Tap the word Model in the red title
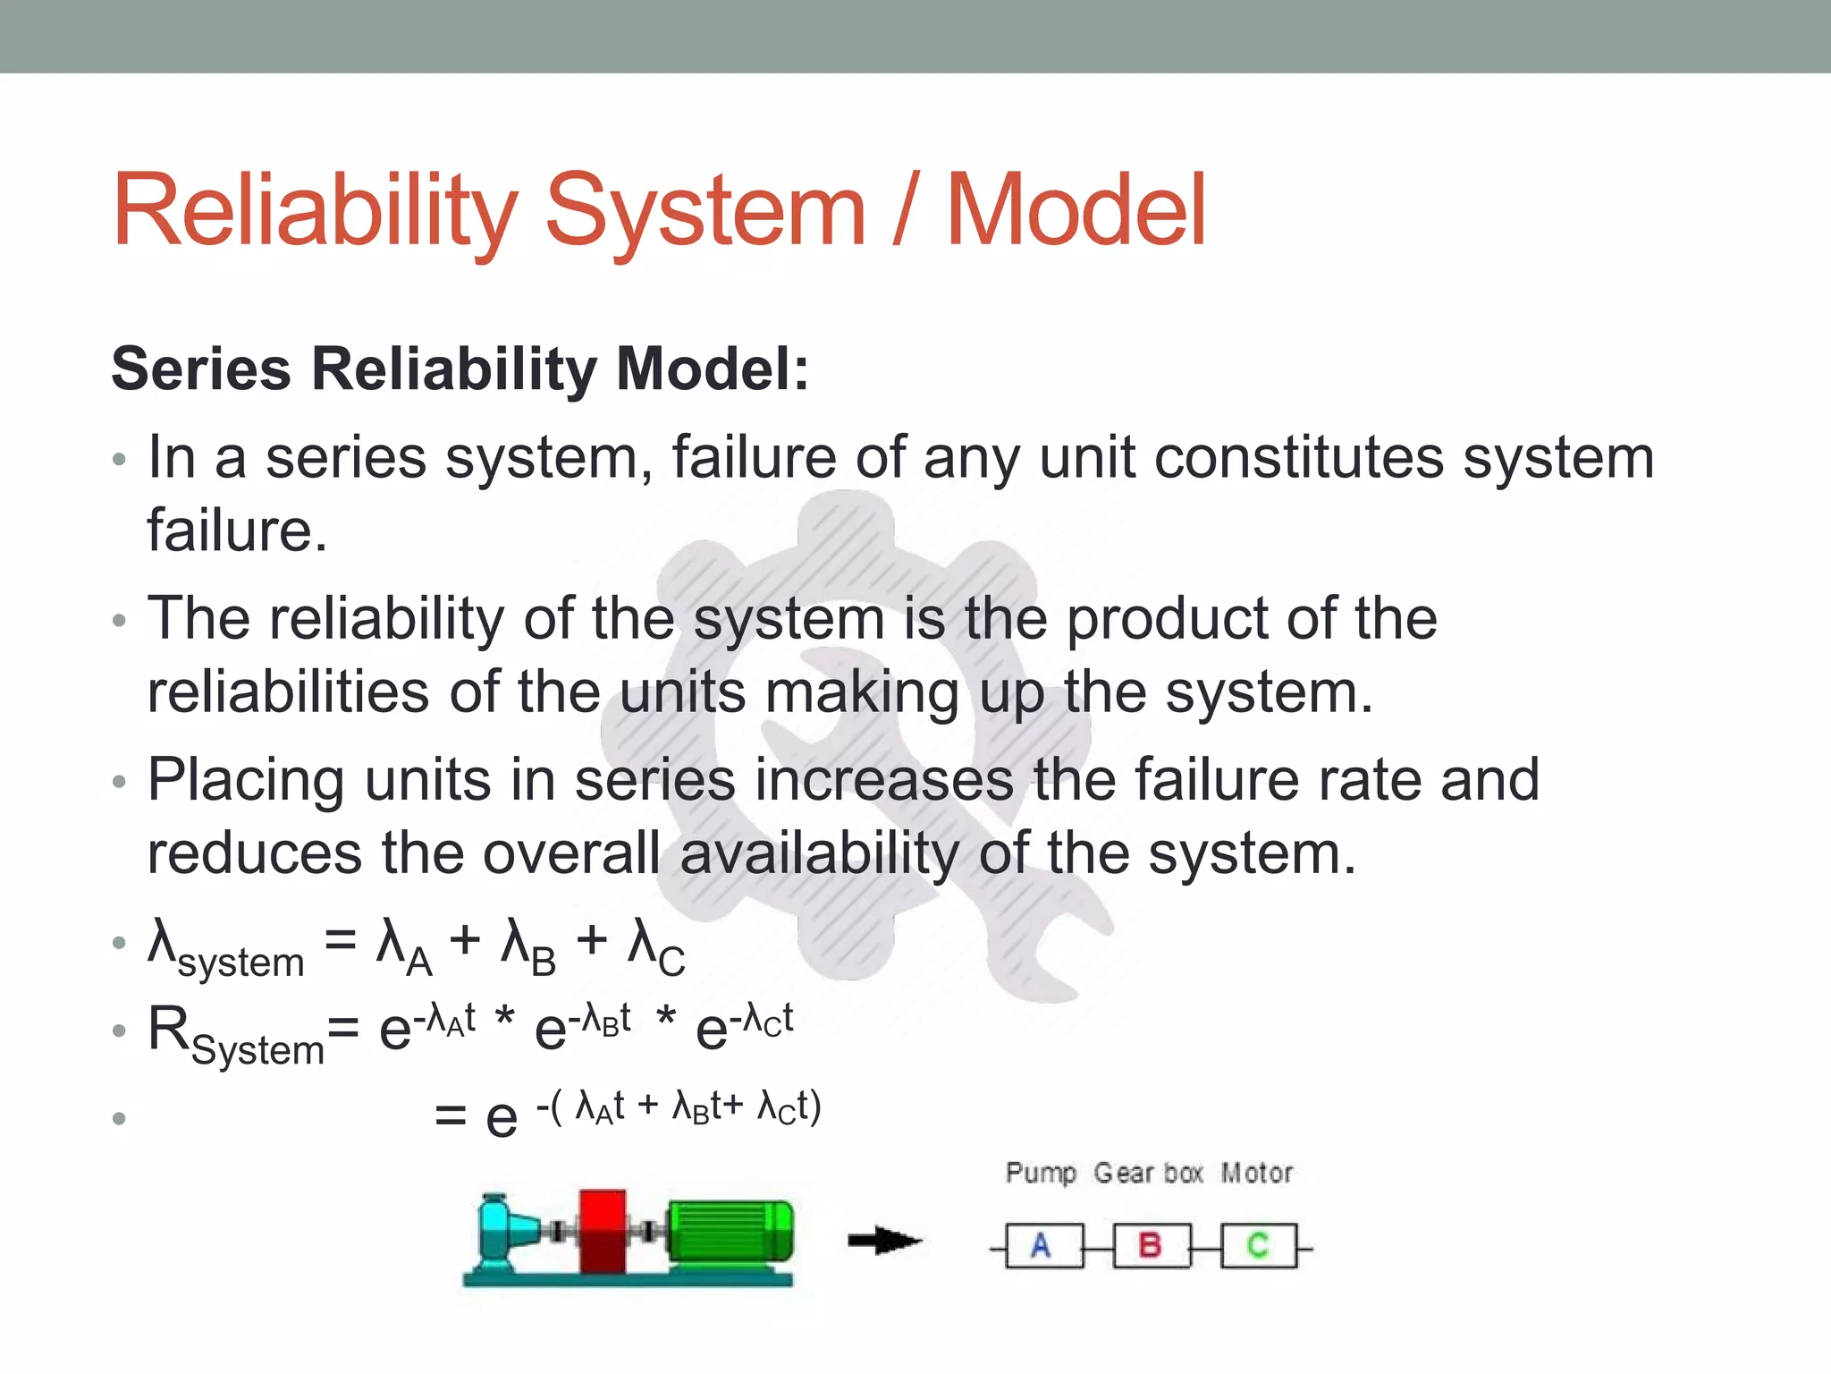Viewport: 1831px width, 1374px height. click(x=1076, y=211)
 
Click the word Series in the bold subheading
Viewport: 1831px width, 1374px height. click(x=201, y=369)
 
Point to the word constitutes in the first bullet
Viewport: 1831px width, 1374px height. click(x=1298, y=458)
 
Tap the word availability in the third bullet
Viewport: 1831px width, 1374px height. click(x=819, y=853)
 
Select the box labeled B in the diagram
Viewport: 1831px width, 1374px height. click(x=1151, y=1246)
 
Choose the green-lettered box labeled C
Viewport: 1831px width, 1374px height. click(x=1258, y=1246)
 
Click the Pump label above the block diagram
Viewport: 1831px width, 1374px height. click(x=1041, y=1173)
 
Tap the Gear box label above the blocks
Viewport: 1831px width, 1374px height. click(x=1148, y=1173)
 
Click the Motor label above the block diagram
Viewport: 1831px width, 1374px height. click(x=1256, y=1173)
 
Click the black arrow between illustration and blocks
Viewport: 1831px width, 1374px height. click(x=883, y=1241)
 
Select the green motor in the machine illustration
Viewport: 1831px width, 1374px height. click(x=730, y=1233)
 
